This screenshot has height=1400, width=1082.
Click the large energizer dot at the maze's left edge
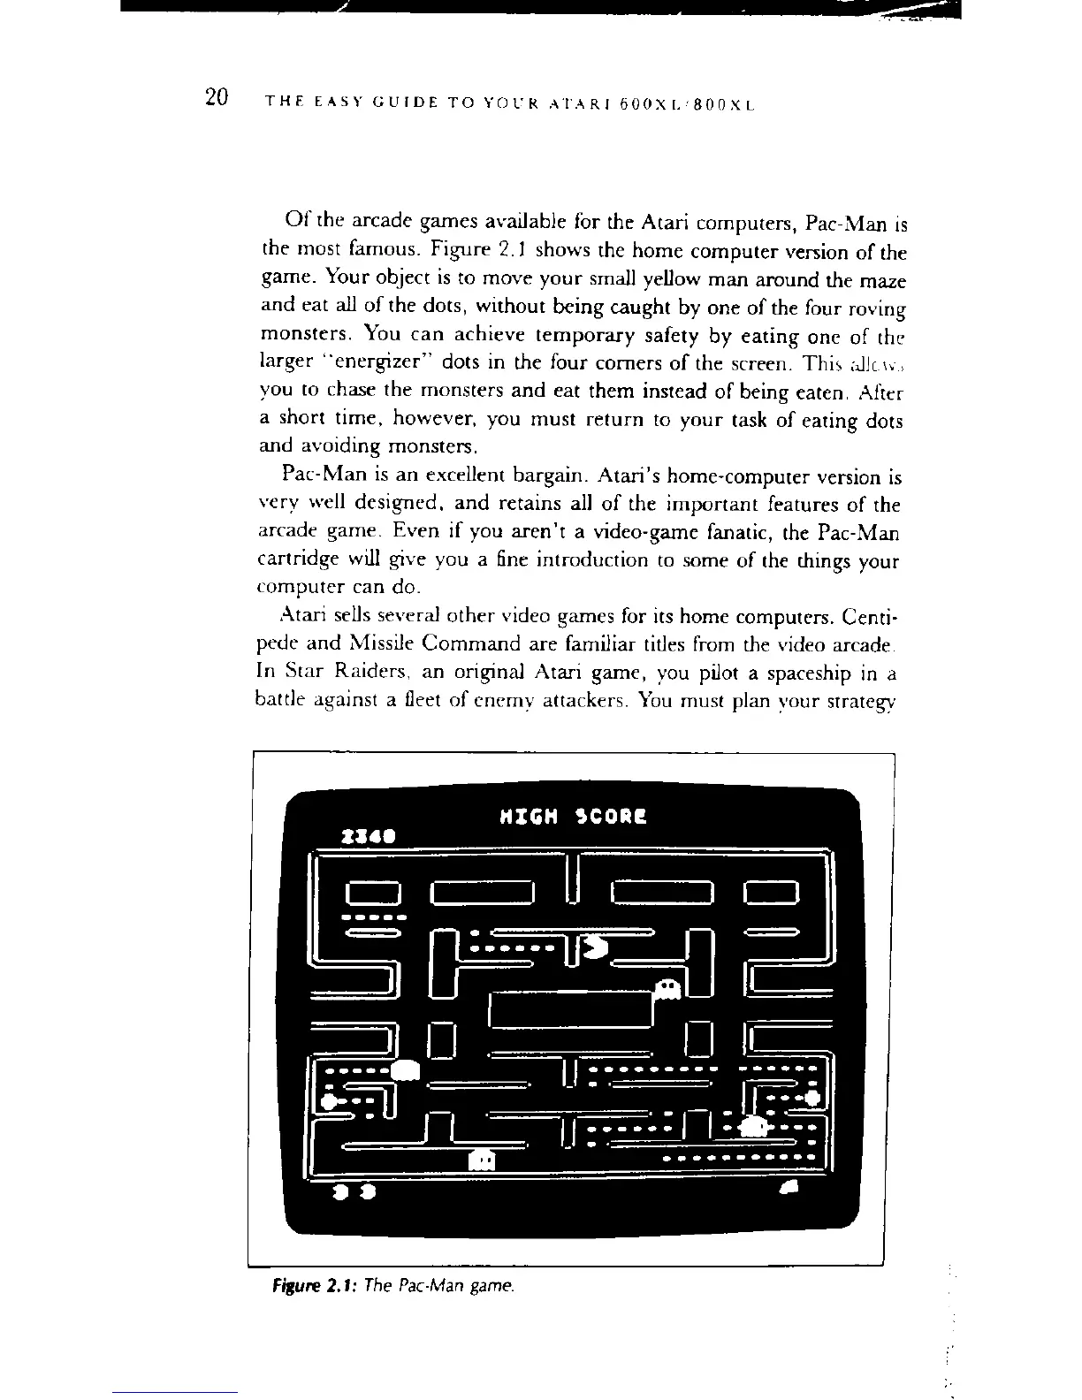tap(330, 1100)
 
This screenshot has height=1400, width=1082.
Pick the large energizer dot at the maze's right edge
tap(812, 1099)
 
